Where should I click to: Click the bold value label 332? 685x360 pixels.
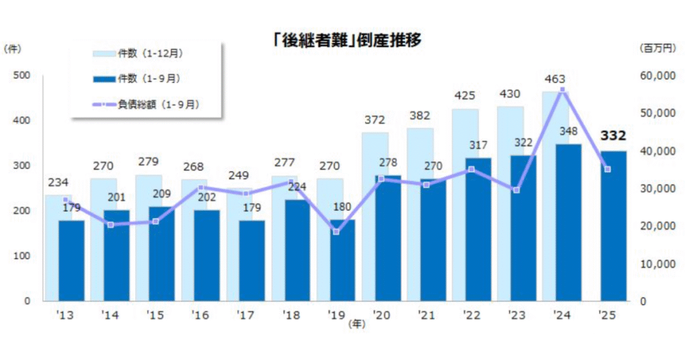tap(613, 137)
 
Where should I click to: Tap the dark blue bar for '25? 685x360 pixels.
tap(613, 226)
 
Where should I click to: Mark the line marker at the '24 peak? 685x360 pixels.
tap(562, 90)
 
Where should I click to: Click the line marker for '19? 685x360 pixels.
tap(336, 232)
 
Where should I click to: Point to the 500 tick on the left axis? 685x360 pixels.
tap(23, 76)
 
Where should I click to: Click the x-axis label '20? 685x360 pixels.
tap(382, 314)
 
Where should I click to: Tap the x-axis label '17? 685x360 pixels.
tap(246, 314)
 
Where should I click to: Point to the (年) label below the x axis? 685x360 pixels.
tap(358, 325)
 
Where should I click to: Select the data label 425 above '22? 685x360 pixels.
tap(464, 98)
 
